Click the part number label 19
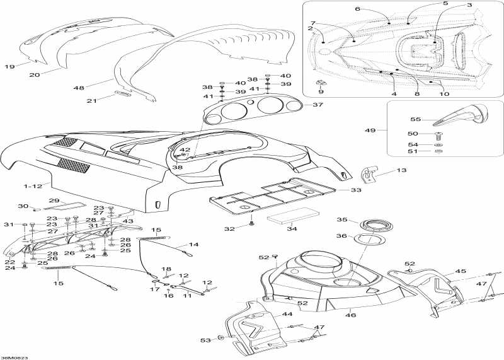9,67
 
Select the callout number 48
79,88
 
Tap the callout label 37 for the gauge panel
318,105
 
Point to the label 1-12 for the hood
33,186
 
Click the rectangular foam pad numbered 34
293,215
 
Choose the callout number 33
356,190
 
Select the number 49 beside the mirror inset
370,131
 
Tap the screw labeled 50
437,136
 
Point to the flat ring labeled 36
370,239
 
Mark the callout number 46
350,315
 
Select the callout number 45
461,271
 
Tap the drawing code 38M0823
14,357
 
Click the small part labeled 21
123,94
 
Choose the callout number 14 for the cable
193,245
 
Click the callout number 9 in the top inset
321,91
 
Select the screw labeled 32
251,223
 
